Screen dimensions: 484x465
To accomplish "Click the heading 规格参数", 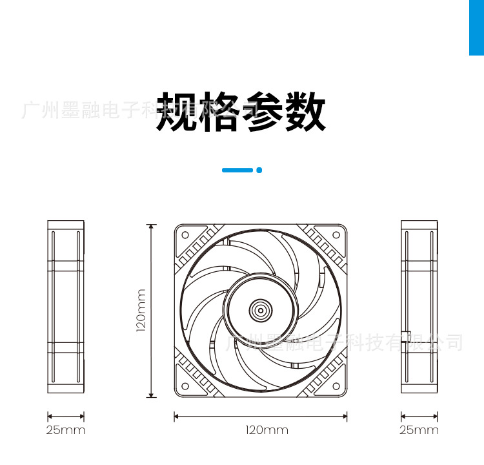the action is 241,112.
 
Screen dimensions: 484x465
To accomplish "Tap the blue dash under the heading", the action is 237,170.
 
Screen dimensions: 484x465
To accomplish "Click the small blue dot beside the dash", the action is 259,170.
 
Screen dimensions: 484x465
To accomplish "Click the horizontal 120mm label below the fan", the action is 267,430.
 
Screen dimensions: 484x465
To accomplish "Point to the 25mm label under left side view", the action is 65,430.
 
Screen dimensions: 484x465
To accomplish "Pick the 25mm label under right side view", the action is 419,430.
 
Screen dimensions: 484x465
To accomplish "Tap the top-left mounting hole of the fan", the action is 185,234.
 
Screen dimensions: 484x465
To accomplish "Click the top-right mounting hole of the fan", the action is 336,234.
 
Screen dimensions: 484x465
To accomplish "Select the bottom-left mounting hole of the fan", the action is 185,386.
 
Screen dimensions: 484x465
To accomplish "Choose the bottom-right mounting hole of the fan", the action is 336,386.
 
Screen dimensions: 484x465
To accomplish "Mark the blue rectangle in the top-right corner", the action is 476,27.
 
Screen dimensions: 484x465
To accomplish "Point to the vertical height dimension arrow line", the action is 152,311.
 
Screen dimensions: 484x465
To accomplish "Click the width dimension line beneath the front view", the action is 260,417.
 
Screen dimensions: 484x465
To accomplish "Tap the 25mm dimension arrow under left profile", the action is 66,417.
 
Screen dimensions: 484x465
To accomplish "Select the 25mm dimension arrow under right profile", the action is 419,417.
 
